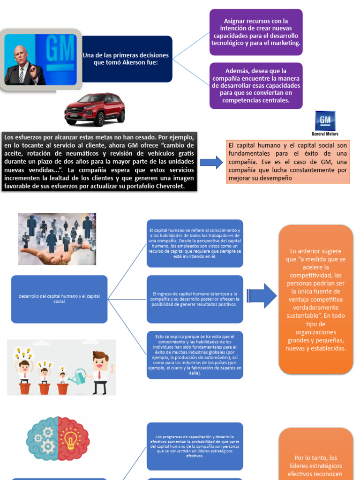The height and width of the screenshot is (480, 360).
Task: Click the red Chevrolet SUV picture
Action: click(x=95, y=109)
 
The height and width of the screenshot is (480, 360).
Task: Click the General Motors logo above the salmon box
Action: click(x=325, y=123)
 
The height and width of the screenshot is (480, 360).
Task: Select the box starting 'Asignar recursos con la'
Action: click(x=255, y=32)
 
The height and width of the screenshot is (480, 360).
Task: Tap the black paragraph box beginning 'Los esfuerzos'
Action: click(x=99, y=162)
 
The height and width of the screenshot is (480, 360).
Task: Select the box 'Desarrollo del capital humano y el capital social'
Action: click(x=59, y=299)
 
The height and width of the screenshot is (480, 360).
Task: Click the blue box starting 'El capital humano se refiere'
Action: click(x=195, y=243)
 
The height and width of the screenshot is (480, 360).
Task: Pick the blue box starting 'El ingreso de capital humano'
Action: click(x=195, y=299)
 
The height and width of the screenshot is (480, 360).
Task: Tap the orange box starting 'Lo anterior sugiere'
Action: click(x=315, y=299)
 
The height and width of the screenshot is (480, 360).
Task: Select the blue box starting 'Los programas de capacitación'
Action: click(x=195, y=446)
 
